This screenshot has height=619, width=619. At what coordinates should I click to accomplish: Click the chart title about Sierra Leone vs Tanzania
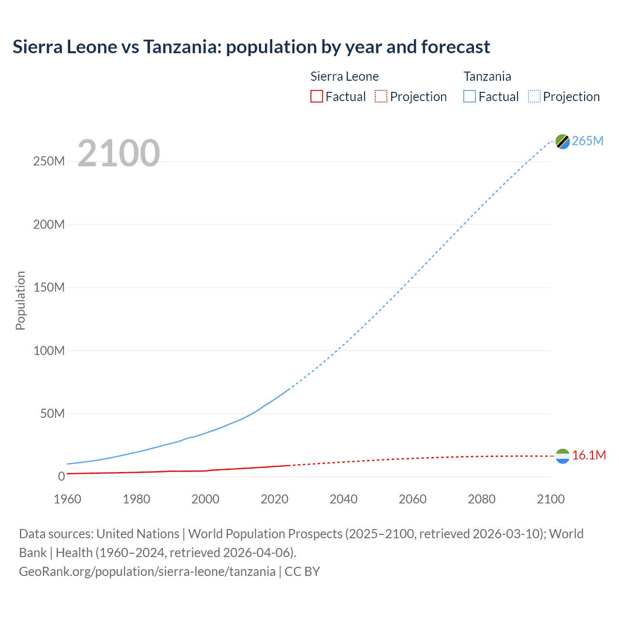[x=251, y=47]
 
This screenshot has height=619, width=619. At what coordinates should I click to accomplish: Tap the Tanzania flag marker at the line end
[x=562, y=141]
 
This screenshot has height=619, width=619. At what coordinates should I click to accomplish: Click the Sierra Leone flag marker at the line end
[x=562, y=456]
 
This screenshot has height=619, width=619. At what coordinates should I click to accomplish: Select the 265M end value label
[x=588, y=141]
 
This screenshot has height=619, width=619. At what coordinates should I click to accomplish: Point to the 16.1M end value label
[x=589, y=455]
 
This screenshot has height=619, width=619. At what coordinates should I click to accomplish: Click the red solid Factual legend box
[x=316, y=96]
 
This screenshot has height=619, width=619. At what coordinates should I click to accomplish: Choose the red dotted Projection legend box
[x=381, y=96]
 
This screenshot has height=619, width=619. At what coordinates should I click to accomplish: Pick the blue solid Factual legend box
[x=469, y=96]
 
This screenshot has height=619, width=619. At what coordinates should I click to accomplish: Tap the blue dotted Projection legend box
[x=534, y=96]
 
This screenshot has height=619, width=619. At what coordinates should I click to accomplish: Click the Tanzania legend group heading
[x=487, y=76]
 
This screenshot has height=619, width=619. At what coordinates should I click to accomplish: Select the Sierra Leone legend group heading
[x=344, y=76]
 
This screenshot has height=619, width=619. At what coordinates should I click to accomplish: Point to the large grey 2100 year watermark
[x=118, y=153]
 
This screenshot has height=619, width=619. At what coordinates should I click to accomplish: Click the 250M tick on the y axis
[x=49, y=161]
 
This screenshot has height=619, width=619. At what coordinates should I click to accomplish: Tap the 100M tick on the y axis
[x=49, y=351]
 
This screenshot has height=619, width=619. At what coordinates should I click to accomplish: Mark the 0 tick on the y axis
[x=61, y=476]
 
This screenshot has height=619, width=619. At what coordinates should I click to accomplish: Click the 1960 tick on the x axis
[x=67, y=499]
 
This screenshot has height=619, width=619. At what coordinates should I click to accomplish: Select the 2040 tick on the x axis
[x=343, y=499]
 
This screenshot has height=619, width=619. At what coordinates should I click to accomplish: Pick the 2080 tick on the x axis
[x=482, y=499]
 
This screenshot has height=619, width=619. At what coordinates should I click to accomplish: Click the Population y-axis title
[x=20, y=300]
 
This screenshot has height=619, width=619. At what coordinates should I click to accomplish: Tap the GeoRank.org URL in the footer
[x=147, y=571]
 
